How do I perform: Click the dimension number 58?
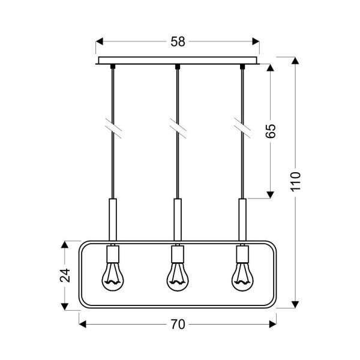[178, 42]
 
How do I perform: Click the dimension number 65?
[271, 131]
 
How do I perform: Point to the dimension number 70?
[177, 325]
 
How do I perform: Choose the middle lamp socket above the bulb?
[177, 257]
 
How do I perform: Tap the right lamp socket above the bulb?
[242, 257]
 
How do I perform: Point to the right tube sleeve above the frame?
[242, 219]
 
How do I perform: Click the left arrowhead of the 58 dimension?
[101, 42]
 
